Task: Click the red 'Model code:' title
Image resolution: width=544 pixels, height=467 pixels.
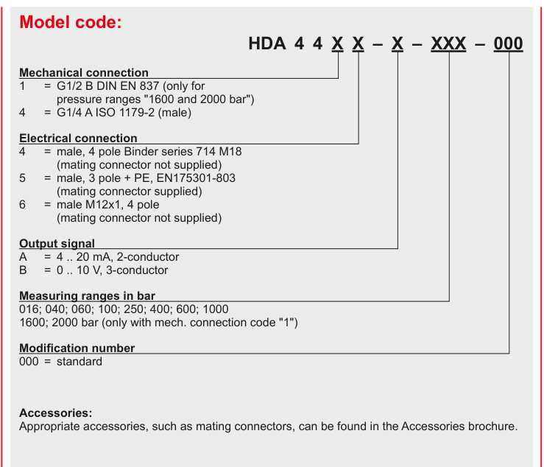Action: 71,22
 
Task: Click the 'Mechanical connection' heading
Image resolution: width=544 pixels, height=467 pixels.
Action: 84,72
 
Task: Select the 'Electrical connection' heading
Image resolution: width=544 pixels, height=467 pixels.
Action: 79,138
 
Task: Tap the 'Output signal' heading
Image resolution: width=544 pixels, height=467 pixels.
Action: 57,243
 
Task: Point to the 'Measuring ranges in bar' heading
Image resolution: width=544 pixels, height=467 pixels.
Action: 87,295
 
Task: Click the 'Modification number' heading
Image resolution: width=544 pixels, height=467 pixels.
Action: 77,348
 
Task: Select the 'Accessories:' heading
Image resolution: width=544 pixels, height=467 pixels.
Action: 56,412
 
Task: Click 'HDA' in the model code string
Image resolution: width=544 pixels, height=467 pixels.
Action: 267,43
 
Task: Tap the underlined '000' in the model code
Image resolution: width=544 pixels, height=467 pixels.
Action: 508,43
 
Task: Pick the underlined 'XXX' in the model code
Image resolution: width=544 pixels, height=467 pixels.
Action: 448,43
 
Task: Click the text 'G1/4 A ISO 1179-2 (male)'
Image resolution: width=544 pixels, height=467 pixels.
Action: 124,113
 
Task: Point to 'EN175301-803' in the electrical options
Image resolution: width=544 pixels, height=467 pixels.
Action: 196,178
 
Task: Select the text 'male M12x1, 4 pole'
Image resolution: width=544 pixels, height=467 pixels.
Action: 108,205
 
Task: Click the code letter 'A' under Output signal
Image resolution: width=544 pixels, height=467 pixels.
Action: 24,257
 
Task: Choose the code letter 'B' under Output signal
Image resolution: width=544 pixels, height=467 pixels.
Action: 24,270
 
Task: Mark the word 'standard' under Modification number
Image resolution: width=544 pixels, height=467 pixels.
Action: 80,362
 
